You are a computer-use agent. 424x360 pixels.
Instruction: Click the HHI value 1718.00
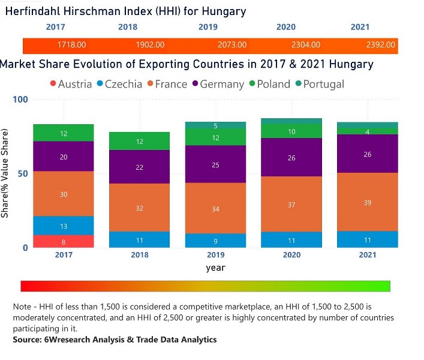(71, 45)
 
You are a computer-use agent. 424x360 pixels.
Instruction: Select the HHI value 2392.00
(381, 45)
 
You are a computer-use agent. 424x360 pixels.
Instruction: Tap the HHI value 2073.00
(232, 45)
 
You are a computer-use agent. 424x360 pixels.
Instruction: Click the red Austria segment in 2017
(64, 241)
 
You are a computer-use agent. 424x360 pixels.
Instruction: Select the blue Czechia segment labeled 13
(64, 226)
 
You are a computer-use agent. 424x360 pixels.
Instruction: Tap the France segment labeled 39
(368, 202)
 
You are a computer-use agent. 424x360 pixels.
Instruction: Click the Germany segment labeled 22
(139, 167)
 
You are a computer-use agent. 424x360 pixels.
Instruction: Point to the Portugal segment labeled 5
(215, 125)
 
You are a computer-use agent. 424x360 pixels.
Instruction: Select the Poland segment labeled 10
(291, 131)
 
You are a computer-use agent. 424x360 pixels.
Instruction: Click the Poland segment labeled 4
(368, 131)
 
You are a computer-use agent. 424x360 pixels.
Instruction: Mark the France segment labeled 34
(215, 208)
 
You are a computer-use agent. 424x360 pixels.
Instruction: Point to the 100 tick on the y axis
(20, 100)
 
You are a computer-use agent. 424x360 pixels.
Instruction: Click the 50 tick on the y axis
(23, 173)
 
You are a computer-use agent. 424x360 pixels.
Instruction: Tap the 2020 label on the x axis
(291, 255)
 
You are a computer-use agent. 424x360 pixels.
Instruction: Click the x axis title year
(215, 268)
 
